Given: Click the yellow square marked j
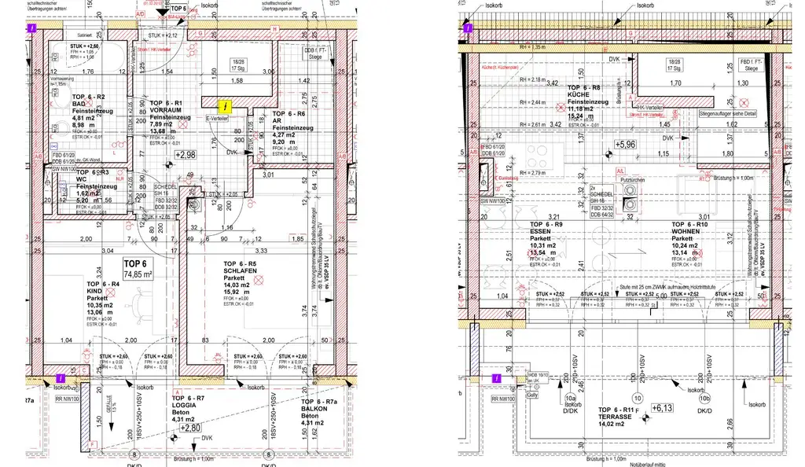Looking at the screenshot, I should point(226,104).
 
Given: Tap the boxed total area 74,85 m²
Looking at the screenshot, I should point(137,269).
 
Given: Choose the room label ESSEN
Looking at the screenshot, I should point(542,233).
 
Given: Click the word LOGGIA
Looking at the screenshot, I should point(186,410).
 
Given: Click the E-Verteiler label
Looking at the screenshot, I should point(217,119).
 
